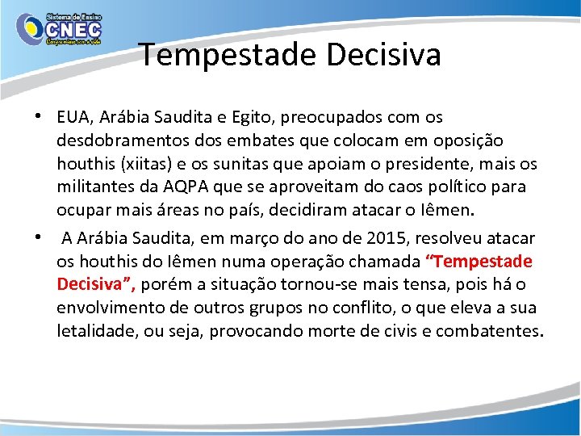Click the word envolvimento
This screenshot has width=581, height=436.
pos(113,308)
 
